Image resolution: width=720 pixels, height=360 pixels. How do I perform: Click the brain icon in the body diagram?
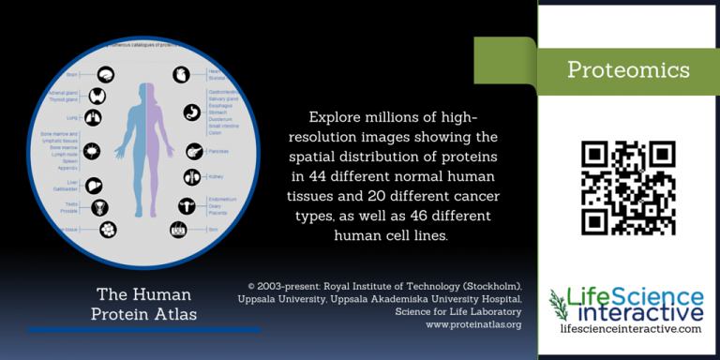[107, 74]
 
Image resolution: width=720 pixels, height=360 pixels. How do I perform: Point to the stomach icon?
[192, 110]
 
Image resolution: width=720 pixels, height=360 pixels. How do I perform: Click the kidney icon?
[191, 176]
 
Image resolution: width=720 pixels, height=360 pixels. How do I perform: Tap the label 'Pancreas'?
[219, 150]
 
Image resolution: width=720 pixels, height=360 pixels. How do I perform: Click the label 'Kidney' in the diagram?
[216, 176]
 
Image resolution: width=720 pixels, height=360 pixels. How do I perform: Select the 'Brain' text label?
[72, 74]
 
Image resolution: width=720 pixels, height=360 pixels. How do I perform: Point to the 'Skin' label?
[213, 228]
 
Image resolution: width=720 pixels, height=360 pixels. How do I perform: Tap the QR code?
[628, 187]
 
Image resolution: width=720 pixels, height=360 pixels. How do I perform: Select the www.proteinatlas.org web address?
[473, 324]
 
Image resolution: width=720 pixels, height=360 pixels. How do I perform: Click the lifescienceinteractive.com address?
[629, 329]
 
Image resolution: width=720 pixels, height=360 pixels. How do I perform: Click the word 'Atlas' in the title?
[174, 314]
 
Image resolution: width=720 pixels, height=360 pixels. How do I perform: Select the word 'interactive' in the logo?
[641, 311]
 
